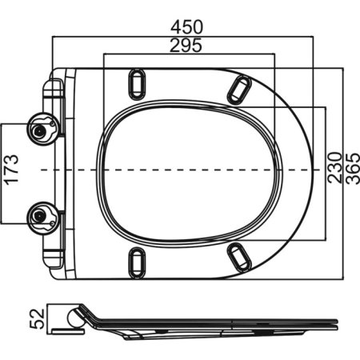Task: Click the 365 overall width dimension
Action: coord(350,169)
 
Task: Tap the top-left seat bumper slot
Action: coord(137,82)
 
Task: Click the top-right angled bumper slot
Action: coord(238,89)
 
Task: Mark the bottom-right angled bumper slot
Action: coord(238,254)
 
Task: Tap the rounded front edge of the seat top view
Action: coord(307,170)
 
